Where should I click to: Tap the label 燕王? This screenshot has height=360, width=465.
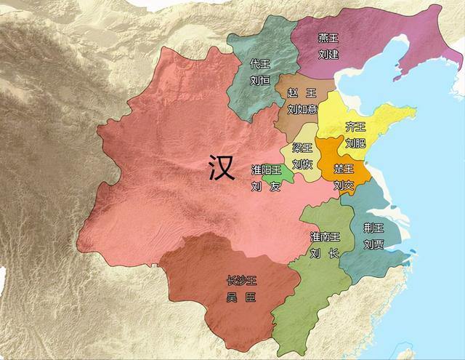[328, 39]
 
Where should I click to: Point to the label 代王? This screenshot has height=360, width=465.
[260, 64]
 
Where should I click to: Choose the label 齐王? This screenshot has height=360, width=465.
[356, 127]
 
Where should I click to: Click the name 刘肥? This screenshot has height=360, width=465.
[356, 143]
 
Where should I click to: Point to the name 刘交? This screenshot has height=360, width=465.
[344, 185]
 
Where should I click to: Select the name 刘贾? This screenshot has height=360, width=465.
[373, 244]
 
